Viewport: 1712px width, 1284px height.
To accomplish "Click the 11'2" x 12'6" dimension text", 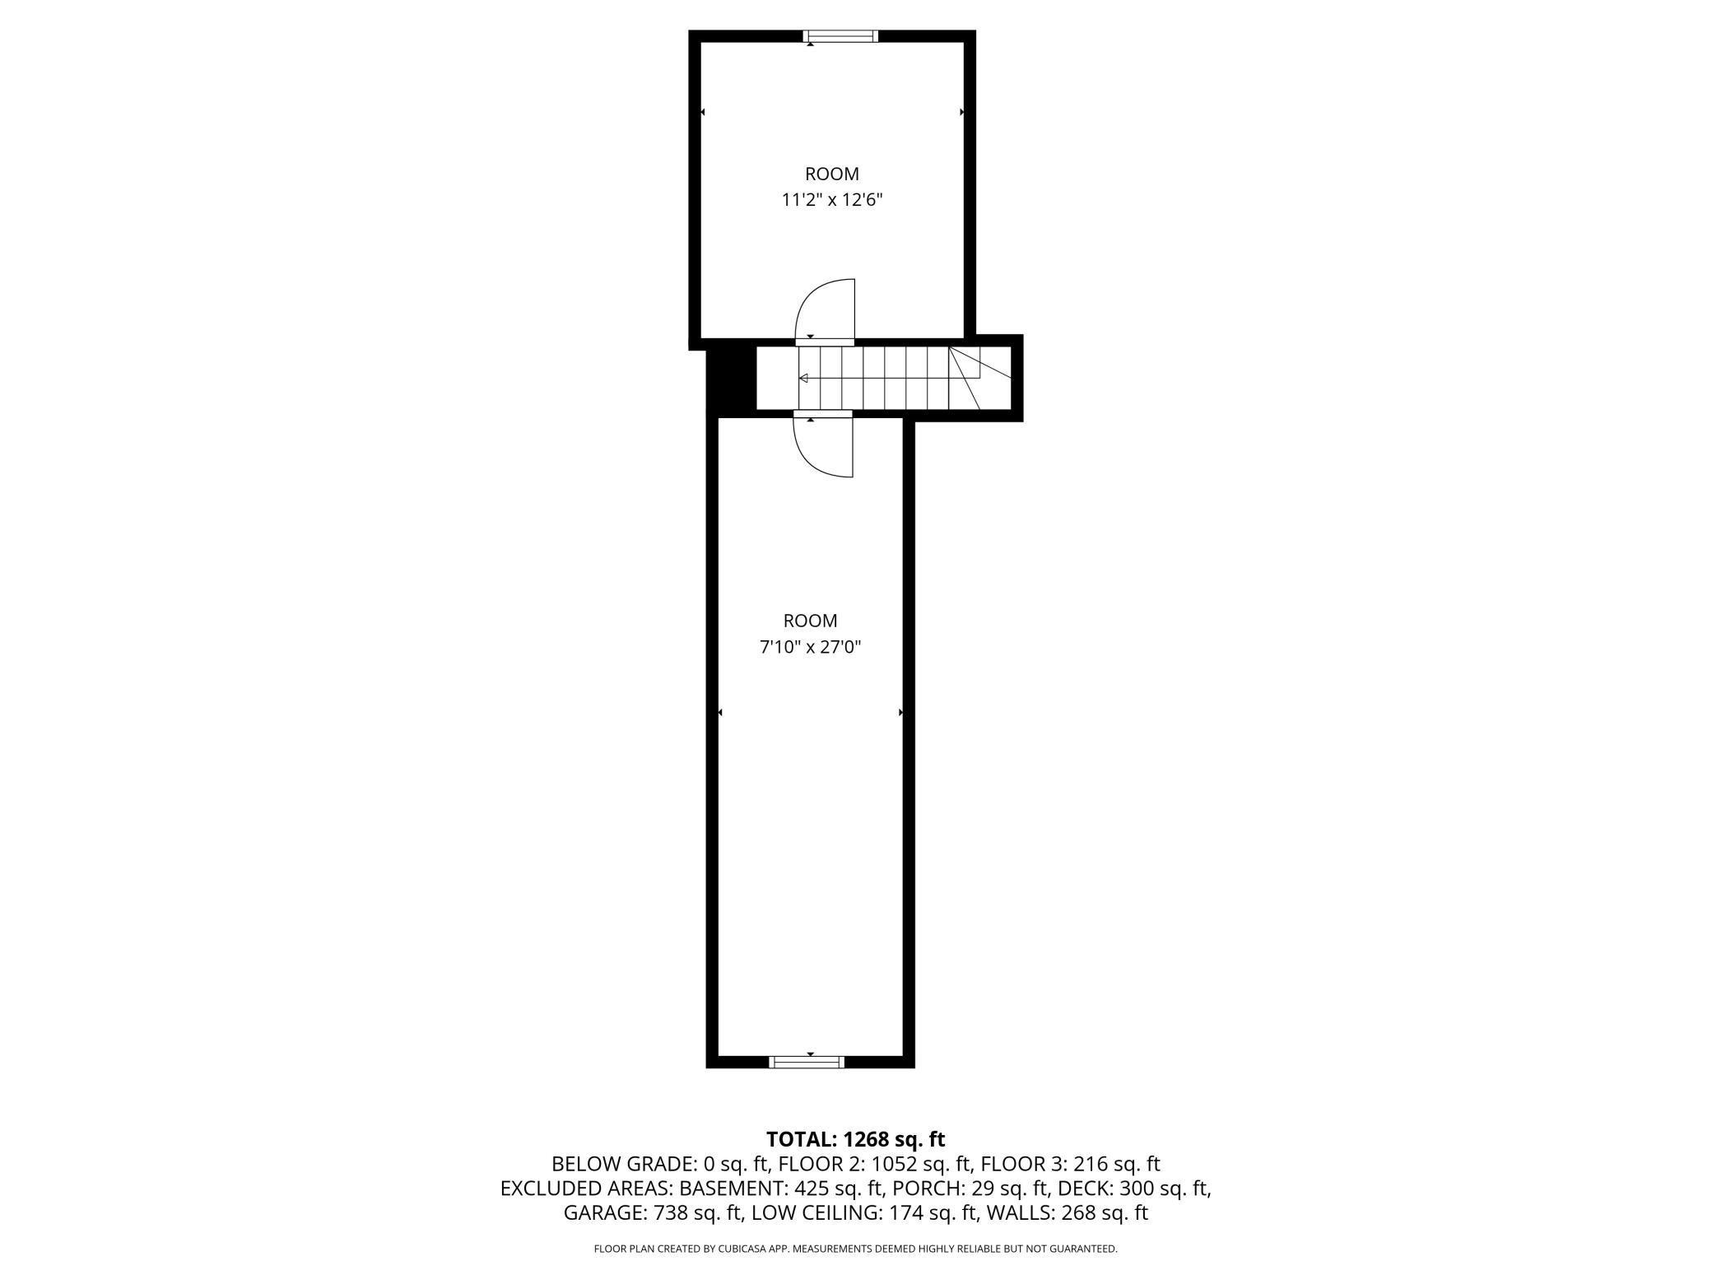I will click(831, 200).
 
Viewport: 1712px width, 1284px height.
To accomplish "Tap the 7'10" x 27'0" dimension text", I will click(810, 647).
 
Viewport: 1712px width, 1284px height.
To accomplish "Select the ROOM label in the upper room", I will click(831, 174).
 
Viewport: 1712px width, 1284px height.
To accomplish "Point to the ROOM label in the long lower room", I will click(810, 621).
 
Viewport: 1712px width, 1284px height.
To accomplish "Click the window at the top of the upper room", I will click(840, 36).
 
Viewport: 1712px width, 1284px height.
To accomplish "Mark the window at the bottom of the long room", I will click(806, 1062).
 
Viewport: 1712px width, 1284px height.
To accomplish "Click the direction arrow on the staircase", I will click(803, 378).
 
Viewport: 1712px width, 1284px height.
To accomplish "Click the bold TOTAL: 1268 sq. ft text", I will click(855, 1139).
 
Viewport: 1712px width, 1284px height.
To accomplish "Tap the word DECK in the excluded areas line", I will click(1085, 1189).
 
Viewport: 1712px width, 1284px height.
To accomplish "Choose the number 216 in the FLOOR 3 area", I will click(1087, 1164).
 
